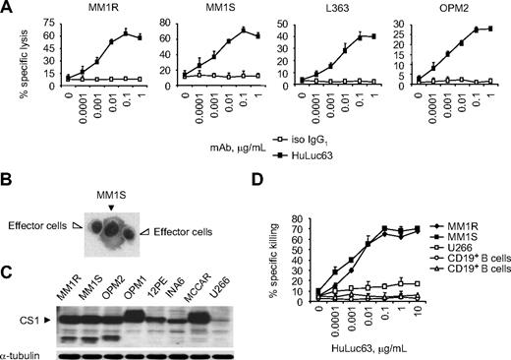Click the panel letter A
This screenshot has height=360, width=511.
[x=7, y=8]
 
